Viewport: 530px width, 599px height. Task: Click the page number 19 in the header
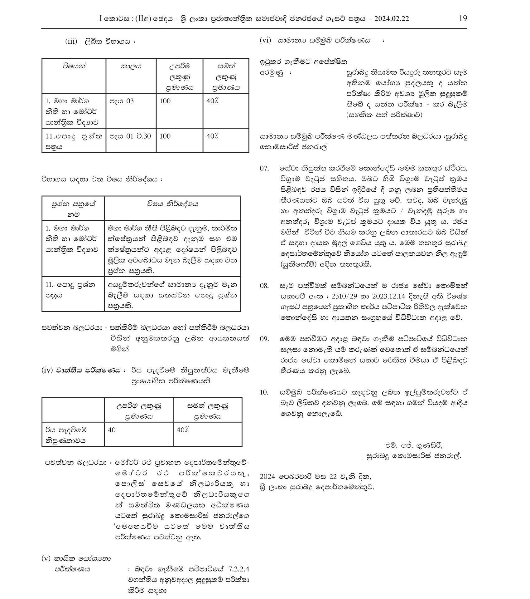[x=463, y=18]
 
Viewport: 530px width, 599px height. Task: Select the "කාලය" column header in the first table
[x=131, y=66]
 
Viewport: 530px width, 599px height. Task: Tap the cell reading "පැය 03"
[x=121, y=101]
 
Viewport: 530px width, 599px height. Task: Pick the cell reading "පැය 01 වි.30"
[x=130, y=136]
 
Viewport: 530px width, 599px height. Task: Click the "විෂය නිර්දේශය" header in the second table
[x=172, y=204]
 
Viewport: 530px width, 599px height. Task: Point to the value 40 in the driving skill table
[x=112, y=430]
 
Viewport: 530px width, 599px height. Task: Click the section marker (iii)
[x=71, y=41]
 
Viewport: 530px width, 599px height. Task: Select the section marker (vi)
[x=265, y=40]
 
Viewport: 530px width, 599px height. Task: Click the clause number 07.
[x=264, y=169]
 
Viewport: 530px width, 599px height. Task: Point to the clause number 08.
[x=264, y=286]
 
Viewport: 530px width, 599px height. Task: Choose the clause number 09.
[x=264, y=339]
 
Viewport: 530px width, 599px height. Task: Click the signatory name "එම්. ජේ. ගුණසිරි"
[x=414, y=445]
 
